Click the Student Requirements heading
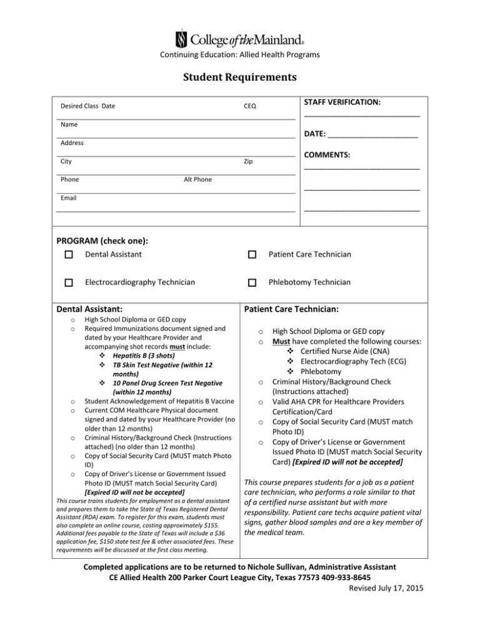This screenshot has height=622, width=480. tap(239, 79)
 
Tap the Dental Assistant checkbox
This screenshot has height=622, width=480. tap(69, 255)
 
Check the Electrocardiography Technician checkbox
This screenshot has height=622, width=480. tap(69, 283)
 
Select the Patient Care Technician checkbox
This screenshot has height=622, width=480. tap(251, 255)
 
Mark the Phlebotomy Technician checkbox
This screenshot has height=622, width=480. tap(251, 283)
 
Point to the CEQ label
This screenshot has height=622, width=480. tap(249, 106)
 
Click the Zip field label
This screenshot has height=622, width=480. tap(248, 161)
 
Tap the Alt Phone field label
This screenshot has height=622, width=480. tap(197, 180)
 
